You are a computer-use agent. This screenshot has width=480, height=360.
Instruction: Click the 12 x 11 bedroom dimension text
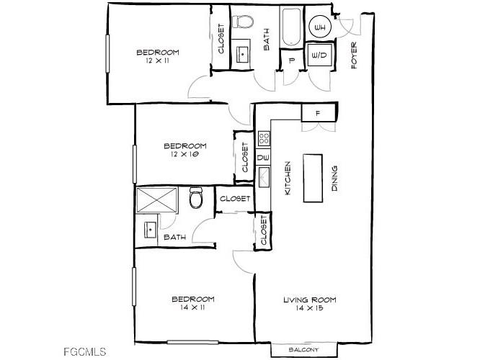157,61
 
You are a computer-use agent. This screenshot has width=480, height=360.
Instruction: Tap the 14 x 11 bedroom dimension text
192,308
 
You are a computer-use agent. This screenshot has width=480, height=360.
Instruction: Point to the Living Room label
309,300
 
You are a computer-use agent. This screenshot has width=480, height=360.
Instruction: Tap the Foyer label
355,55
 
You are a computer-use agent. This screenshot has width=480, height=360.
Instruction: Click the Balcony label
303,350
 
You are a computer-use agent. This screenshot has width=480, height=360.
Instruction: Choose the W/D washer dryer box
319,55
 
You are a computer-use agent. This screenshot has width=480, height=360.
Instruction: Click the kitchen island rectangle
314,177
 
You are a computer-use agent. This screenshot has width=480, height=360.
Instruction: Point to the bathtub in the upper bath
292,28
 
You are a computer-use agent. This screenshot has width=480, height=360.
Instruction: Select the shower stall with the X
157,199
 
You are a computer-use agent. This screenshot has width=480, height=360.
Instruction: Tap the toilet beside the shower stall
195,198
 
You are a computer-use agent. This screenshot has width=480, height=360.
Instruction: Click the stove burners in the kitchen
264,138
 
